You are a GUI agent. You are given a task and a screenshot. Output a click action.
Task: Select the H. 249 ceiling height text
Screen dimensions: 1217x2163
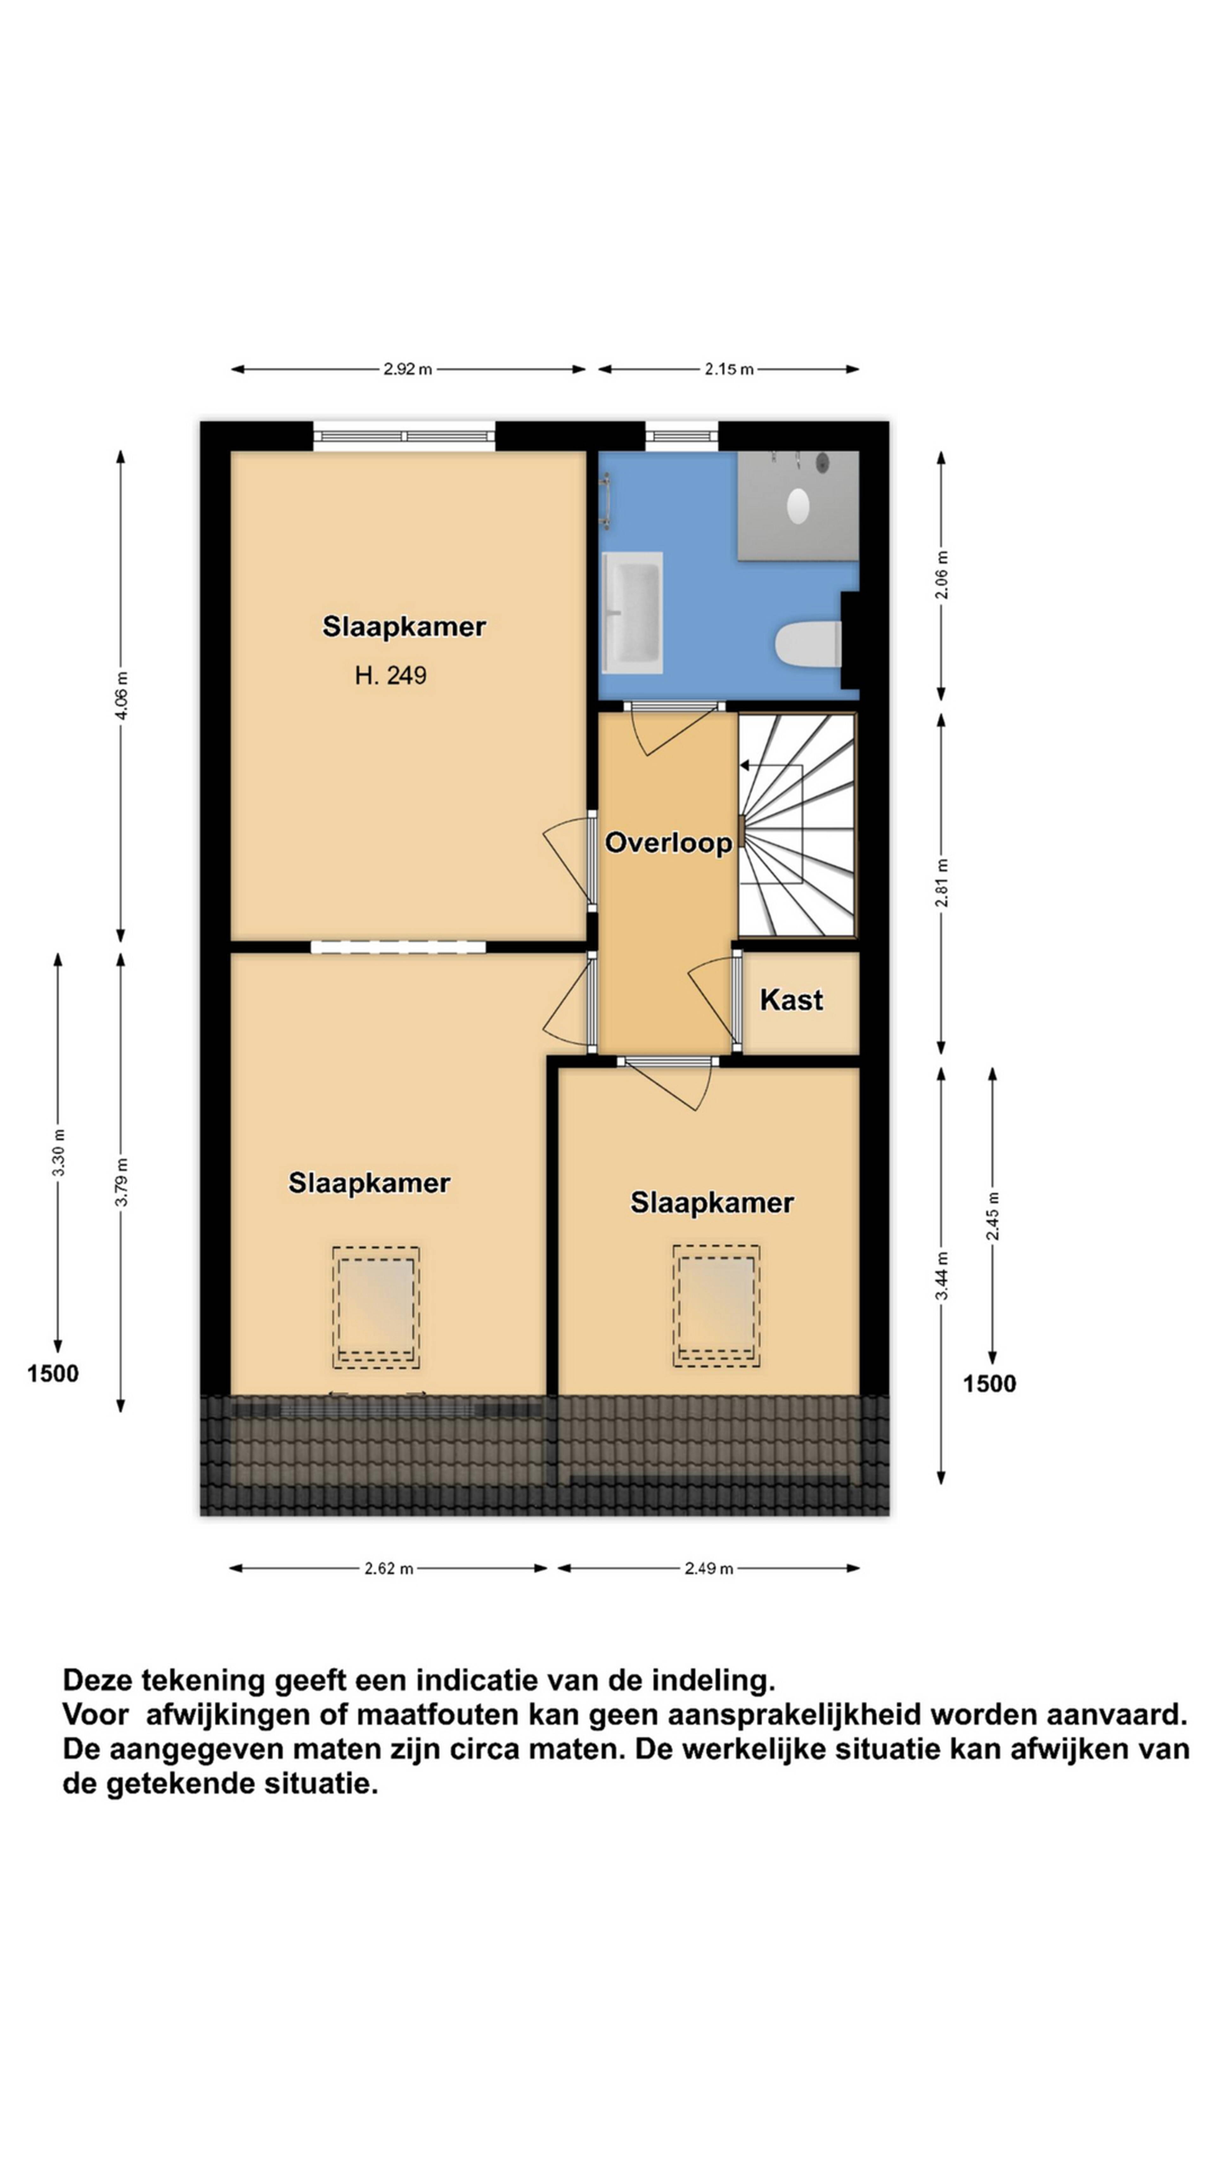coord(390,675)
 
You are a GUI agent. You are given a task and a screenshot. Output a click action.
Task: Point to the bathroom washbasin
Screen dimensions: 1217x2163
coord(633,612)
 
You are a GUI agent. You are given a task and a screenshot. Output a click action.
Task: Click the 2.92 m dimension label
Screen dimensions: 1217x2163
coord(408,369)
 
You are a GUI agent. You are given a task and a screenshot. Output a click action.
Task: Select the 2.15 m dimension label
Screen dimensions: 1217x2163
coord(728,369)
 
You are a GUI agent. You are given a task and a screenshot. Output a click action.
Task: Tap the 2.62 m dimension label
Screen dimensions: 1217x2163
coord(389,1568)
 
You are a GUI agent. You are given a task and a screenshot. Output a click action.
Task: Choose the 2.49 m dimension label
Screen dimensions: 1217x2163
coord(709,1568)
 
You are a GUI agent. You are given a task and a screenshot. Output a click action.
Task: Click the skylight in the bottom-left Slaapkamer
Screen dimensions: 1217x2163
coord(376,1307)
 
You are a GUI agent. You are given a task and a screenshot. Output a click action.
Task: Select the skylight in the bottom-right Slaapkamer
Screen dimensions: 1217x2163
coord(716,1306)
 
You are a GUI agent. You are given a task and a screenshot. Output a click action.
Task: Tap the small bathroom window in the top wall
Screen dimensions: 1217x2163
coord(681,435)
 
